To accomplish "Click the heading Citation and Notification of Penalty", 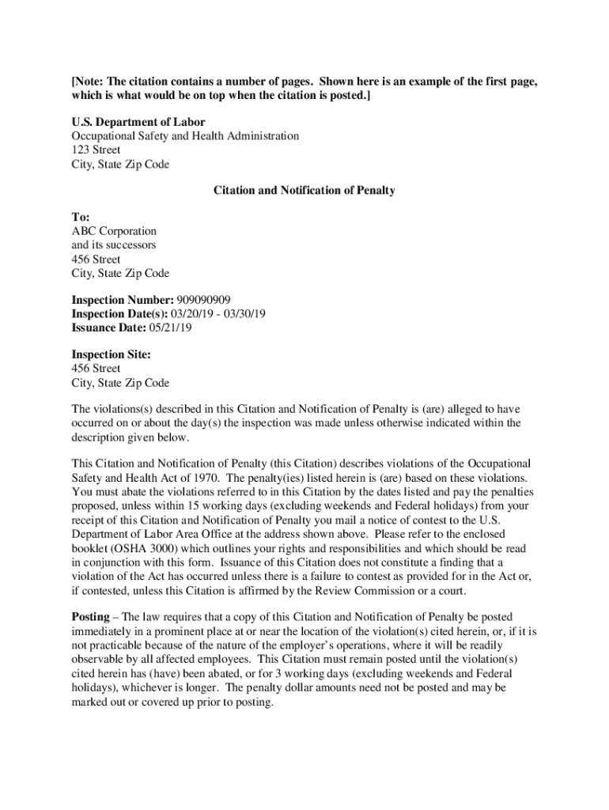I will [304, 191].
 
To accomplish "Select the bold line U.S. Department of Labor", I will [138, 122].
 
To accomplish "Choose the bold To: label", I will [81, 217].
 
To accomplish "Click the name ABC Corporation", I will [114, 231].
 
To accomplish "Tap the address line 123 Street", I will [96, 150].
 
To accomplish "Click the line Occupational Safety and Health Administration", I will [185, 136].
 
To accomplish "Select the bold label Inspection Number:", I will [119, 300].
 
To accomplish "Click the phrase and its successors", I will [114, 245].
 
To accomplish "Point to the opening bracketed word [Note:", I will [88, 82].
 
